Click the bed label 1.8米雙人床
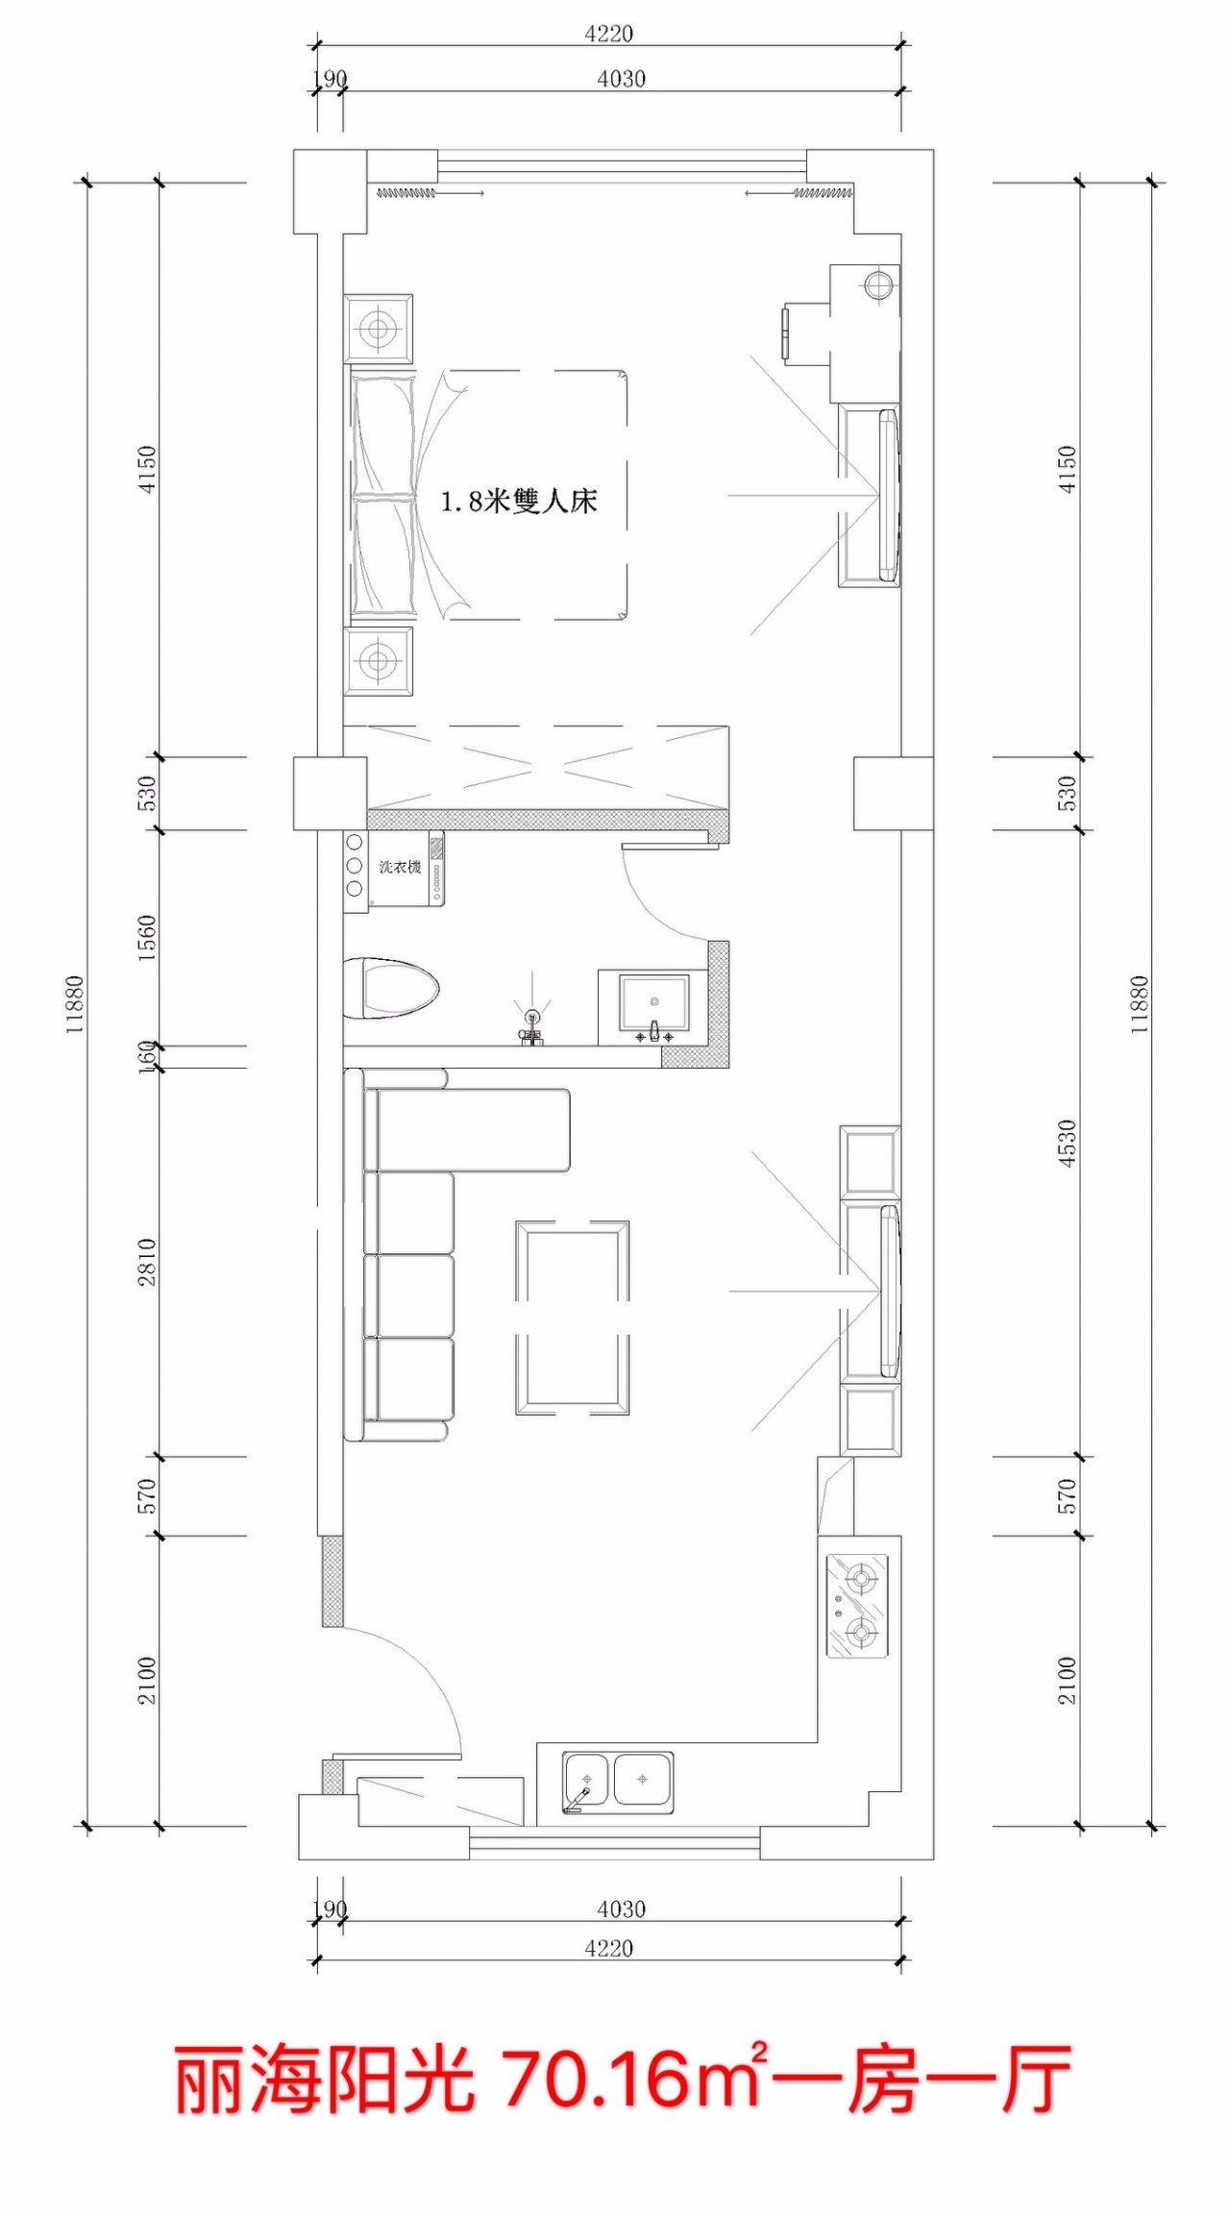tap(519, 501)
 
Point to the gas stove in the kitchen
tap(857, 1606)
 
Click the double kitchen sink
tap(618, 1783)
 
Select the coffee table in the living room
tap(573, 1318)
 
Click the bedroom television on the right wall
tap(889, 496)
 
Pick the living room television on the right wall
tap(890, 1291)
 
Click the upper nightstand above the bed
tap(379, 330)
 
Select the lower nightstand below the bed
tap(379, 661)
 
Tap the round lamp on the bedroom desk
tap(878, 285)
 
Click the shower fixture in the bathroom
tap(531, 1022)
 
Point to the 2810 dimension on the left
tap(146, 1262)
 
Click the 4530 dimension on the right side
tap(1067, 1144)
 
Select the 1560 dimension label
tap(146, 937)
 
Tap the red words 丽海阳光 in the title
tap(325, 2079)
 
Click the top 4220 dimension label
tap(608, 34)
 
